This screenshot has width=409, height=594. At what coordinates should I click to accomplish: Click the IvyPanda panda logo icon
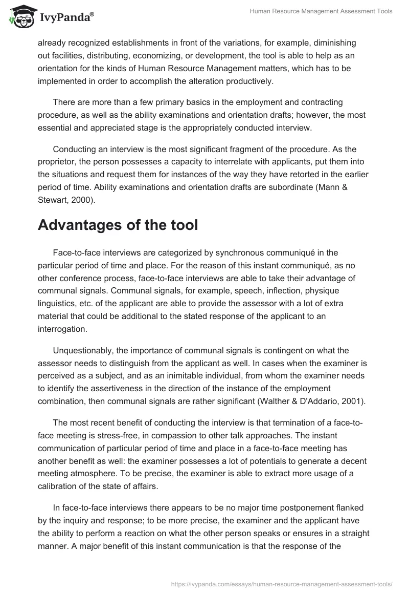(x=19, y=16)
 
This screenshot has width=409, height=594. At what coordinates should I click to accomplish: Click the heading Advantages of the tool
(x=118, y=225)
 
